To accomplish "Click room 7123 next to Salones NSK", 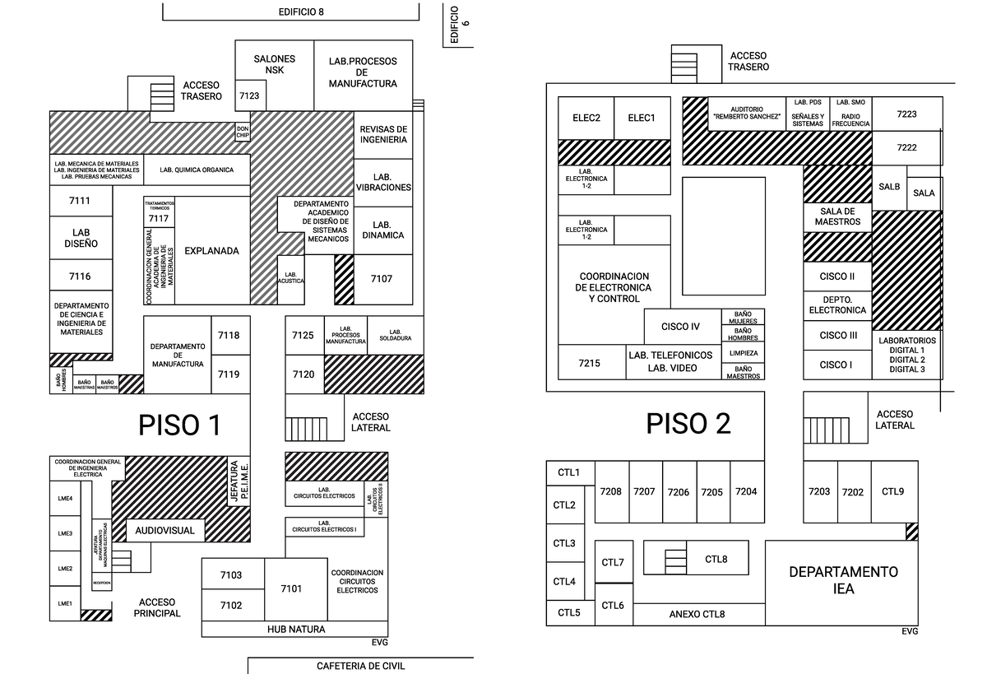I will pos(248,96).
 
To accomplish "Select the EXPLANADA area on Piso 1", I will pos(211,251).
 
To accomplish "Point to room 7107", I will pos(382,279).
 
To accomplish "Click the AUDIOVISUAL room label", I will pos(165,531).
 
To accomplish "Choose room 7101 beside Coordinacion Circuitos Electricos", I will pos(291,588).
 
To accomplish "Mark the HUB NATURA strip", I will pos(295,630).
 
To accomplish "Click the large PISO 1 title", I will pos(179,425).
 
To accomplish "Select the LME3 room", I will pos(65,533).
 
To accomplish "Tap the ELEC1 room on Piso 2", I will pos(642,118).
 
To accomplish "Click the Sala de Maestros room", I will pos(837,216).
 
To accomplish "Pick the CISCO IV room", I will pos(680,327).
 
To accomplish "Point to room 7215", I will pos(589,362).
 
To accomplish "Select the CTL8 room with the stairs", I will pos(716,559).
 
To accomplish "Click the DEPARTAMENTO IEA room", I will pos(843,581).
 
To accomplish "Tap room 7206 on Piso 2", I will pos(679,492).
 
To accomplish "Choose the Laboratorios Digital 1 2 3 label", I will pos(906,355).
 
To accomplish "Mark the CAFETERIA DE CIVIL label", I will pos(360,666).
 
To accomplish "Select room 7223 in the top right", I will pos(906,114).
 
